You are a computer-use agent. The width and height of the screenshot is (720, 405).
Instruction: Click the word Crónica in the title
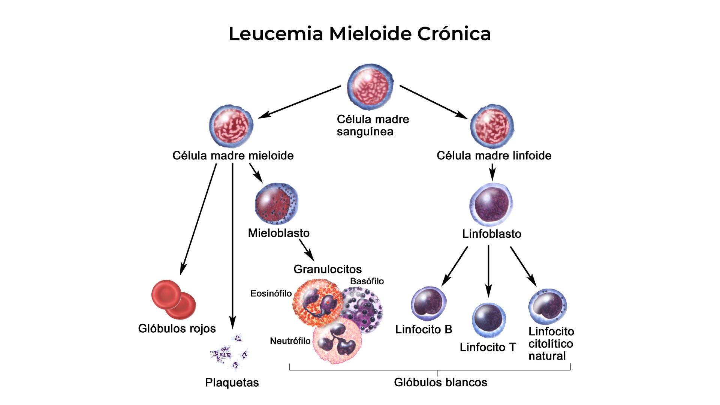tap(454, 34)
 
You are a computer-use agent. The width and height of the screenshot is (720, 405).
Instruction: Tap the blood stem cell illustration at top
tap(370, 87)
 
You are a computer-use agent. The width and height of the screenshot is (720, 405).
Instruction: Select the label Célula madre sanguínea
tap(373, 125)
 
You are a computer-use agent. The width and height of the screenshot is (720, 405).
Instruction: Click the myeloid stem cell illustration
tap(231, 126)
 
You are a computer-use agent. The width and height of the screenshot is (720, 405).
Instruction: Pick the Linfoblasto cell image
tap(491, 205)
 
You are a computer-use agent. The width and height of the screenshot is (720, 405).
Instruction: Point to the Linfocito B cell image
tap(428, 304)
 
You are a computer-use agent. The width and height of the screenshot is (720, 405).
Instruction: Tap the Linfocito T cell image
tap(489, 320)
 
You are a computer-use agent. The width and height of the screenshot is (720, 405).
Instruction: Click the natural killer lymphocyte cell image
tap(548, 306)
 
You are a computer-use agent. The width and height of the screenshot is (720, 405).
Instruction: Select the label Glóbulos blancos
tap(440, 382)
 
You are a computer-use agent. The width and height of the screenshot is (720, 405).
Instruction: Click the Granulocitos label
tap(328, 269)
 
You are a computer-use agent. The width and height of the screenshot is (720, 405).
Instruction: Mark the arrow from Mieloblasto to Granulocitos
tap(307, 250)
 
